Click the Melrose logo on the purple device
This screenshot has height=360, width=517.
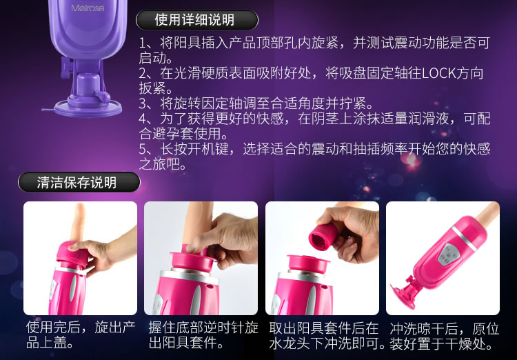88,8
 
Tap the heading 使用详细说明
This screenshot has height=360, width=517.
194,20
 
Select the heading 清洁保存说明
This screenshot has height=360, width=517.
77,183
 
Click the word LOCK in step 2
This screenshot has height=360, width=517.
438,73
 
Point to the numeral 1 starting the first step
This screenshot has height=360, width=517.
142,43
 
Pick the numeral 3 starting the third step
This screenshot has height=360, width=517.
143,103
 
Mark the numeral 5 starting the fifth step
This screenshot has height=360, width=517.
143,149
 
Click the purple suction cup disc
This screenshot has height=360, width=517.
88,109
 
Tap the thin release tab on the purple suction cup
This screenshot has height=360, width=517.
48,110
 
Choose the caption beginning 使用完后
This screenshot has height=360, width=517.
81,335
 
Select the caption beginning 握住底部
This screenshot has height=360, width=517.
203,335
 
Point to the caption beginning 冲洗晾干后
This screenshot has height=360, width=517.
445,335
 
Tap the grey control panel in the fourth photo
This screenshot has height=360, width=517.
448,254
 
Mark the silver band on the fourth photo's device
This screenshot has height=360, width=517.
465,238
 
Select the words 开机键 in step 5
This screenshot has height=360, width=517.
208,149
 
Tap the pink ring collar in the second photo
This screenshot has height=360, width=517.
194,261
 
